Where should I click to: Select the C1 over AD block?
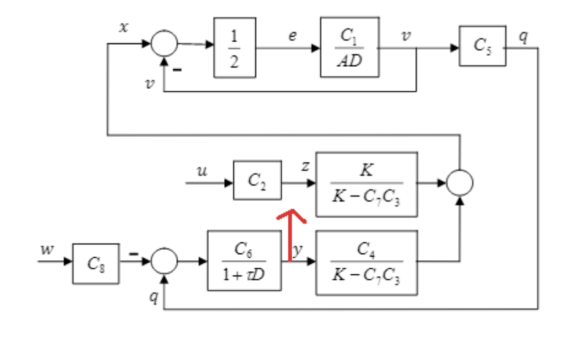click(349, 47)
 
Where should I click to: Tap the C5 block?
click(483, 46)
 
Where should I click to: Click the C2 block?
click(257, 180)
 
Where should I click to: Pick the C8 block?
click(96, 263)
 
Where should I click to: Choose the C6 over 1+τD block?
click(244, 260)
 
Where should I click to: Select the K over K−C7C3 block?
click(366, 184)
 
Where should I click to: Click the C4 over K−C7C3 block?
click(366, 261)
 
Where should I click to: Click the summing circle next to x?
click(164, 44)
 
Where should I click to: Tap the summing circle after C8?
click(164, 261)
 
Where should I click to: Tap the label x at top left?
click(124, 29)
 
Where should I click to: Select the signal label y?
click(298, 250)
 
